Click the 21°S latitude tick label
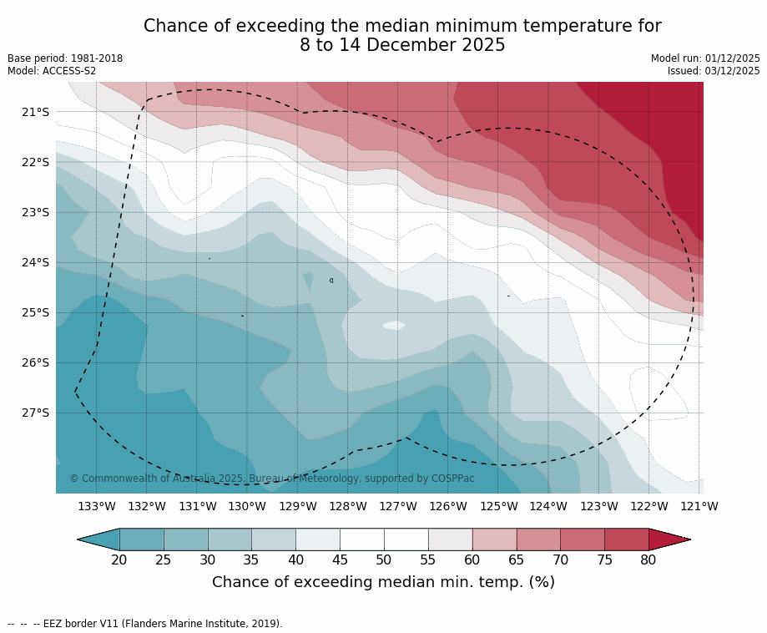[35, 112]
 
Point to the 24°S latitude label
[35, 262]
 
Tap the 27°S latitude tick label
[35, 413]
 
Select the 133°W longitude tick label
[97, 506]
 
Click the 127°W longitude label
[398, 506]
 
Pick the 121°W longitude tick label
[699, 506]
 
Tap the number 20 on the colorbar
[119, 560]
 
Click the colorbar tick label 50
[384, 560]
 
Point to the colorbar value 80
[648, 560]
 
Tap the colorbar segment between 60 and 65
[494, 539]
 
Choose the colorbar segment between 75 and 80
[626, 539]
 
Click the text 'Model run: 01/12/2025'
[705, 58]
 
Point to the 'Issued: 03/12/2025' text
[714, 71]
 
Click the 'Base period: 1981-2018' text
[65, 58]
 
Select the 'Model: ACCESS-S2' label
[52, 71]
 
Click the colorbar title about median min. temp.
[383, 582]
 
